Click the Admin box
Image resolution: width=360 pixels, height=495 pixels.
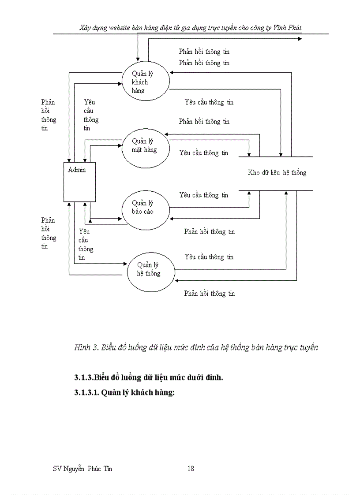click(80, 182)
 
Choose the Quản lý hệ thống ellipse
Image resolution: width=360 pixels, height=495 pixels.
click(150, 269)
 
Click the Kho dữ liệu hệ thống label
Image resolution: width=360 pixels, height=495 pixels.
click(277, 173)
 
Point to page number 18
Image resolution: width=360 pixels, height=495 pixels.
click(191, 469)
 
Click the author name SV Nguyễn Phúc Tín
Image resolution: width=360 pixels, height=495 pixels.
click(82, 469)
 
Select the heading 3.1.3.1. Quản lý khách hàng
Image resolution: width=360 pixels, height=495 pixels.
click(124, 392)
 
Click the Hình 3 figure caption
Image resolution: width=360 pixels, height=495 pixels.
click(196, 348)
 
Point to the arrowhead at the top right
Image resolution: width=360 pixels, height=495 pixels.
click(300, 39)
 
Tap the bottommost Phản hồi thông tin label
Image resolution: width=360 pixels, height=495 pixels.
click(210, 294)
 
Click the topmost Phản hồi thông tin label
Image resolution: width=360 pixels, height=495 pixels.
click(204, 52)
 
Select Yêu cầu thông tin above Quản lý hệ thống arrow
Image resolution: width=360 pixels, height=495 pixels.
click(209, 257)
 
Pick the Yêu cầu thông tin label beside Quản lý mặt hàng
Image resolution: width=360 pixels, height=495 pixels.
click(204, 153)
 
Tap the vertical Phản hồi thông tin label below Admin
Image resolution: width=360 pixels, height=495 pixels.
click(49, 233)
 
